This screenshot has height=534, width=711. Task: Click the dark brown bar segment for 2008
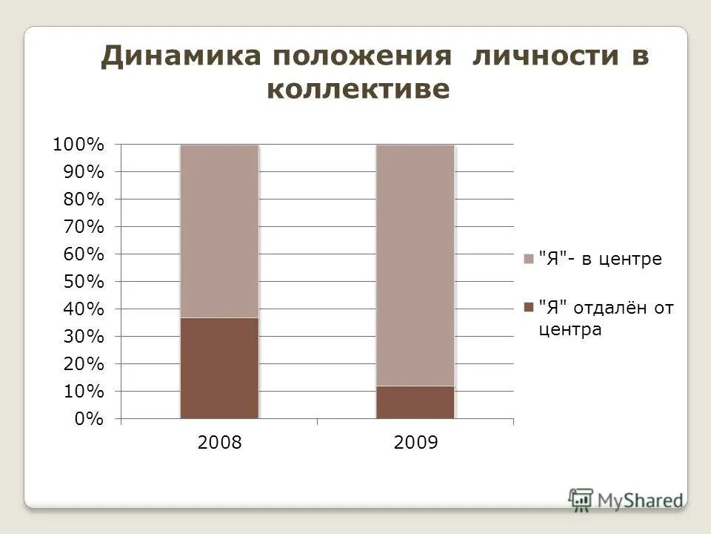(219, 368)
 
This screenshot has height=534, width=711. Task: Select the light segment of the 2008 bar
(219, 231)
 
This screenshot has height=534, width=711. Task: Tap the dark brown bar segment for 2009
(415, 402)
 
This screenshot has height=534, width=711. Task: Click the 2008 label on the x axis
(220, 444)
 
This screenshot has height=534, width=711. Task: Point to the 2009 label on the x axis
(416, 444)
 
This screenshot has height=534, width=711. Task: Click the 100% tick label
(78, 145)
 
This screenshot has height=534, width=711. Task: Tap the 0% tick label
(89, 419)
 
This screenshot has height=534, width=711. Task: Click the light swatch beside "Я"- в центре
(528, 259)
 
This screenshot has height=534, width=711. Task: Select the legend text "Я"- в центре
(600, 259)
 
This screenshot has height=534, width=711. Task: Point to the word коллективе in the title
(358, 90)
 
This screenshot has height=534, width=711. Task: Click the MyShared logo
(626, 498)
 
